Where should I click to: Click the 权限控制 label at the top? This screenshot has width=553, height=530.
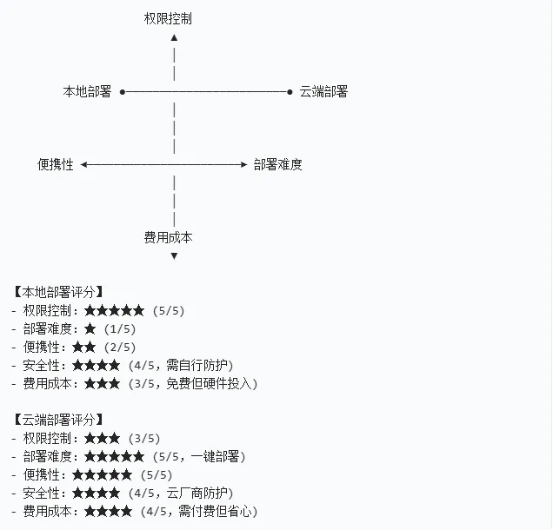[168, 18]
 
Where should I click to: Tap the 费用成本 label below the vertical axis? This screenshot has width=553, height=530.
[168, 237]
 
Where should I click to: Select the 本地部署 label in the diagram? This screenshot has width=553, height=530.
[87, 91]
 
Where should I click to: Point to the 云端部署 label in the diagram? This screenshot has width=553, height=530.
[323, 91]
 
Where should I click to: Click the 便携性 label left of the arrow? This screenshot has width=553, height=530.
[56, 164]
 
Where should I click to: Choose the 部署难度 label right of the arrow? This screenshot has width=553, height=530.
[278, 164]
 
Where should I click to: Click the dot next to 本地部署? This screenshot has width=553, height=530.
[122, 91]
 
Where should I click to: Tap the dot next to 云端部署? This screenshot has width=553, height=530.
[290, 91]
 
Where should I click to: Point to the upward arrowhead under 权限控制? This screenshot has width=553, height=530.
[175, 37]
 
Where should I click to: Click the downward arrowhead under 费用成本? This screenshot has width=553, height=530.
[175, 256]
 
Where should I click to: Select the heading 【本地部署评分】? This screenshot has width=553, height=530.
[58, 292]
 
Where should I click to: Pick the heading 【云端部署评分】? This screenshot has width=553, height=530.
[58, 420]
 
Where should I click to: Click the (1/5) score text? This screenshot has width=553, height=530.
[120, 329]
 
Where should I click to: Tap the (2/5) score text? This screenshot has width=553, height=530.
[131, 348]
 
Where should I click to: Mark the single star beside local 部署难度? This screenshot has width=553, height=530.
[90, 329]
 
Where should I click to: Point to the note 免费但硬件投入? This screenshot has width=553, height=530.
[208, 384]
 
